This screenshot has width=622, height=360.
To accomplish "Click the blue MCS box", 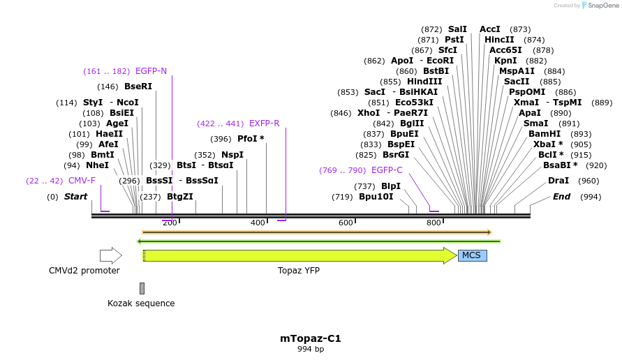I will click(472, 255).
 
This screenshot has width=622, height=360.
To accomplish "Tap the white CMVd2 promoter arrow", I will click(110, 255).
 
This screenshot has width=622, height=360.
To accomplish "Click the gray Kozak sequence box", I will click(142, 288).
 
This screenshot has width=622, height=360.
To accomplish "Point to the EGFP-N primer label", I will click(151, 71).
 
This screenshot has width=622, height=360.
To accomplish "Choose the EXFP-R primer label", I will click(264, 123).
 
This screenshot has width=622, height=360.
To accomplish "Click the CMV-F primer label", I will click(82, 181).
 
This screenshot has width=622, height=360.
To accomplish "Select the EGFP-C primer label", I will click(387, 170).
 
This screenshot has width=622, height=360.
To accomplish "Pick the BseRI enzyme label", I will click(138, 87).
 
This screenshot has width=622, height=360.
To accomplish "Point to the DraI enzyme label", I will click(558, 181).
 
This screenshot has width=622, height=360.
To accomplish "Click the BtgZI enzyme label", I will click(180, 197).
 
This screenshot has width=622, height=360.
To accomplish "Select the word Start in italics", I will click(75, 197).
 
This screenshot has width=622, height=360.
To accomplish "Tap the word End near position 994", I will click(561, 197).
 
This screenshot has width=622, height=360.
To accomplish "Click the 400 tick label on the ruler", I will click(258, 223).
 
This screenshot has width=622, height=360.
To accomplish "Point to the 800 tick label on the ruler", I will click(434, 223).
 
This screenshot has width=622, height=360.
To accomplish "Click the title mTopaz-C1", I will click(311, 338).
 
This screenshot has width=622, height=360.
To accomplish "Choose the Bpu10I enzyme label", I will click(376, 197).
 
